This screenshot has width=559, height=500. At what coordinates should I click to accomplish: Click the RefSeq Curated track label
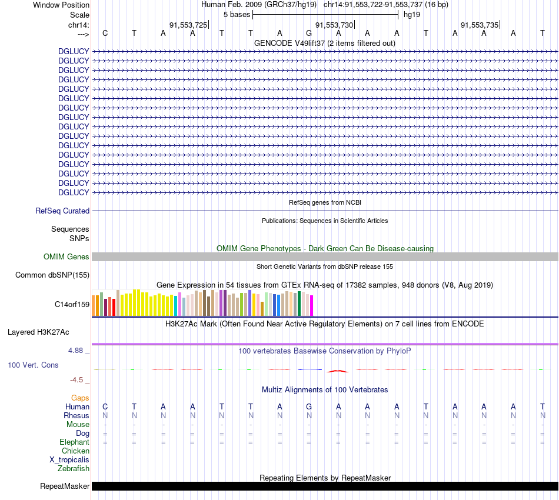click(62, 211)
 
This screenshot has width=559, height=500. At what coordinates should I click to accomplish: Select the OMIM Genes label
click(66, 256)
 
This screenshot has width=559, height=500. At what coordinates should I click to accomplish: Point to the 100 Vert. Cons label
click(33, 365)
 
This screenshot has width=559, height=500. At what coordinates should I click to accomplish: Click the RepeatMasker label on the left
click(65, 486)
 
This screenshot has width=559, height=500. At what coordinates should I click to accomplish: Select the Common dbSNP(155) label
click(52, 275)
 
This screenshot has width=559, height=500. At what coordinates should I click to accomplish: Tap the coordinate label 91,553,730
click(334, 25)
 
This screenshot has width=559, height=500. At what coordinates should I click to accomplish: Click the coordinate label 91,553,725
click(188, 25)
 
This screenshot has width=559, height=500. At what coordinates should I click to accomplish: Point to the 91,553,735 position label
click(480, 25)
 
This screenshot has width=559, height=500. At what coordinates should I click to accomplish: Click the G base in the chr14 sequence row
click(309, 33)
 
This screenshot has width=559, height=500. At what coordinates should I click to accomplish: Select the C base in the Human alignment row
click(105, 406)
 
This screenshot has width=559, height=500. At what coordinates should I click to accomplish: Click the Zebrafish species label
click(74, 468)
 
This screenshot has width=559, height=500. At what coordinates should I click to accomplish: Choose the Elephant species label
click(74, 442)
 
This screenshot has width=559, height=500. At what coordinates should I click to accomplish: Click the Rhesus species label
click(76, 415)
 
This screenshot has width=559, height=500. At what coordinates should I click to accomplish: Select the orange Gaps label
click(80, 398)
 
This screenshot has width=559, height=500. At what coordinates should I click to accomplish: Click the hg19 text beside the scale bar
click(411, 14)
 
